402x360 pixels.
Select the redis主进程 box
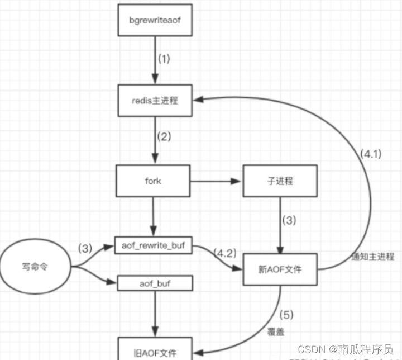tap(155, 100)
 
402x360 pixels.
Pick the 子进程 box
tap(280, 181)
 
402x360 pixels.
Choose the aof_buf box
tap(155, 283)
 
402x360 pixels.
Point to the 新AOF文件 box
tap(280, 269)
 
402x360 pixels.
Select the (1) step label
tap(164, 58)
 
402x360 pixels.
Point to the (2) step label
tap(164, 136)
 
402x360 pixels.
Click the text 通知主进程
tap(374, 258)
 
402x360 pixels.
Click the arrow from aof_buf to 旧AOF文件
tap(155, 314)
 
